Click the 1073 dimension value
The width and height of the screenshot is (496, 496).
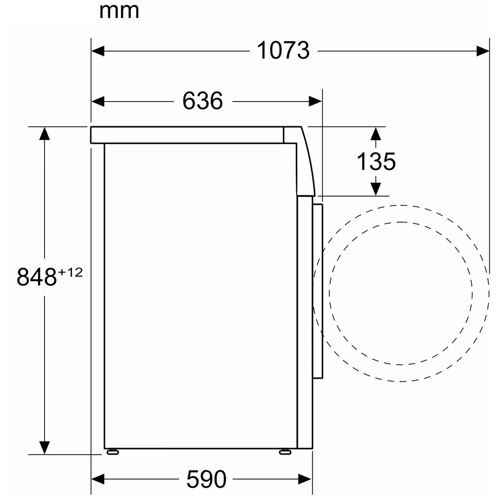[283, 50]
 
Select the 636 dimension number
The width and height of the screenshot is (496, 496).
[203, 101]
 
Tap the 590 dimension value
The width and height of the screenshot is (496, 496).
[206, 479]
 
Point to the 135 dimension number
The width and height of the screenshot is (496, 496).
[376, 161]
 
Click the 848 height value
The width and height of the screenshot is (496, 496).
[37, 277]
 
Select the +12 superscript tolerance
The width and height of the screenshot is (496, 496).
[70, 272]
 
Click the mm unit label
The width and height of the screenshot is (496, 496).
[119, 11]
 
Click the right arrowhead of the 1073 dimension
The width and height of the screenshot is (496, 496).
[483, 51]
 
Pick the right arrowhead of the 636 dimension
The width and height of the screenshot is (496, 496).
[315, 101]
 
